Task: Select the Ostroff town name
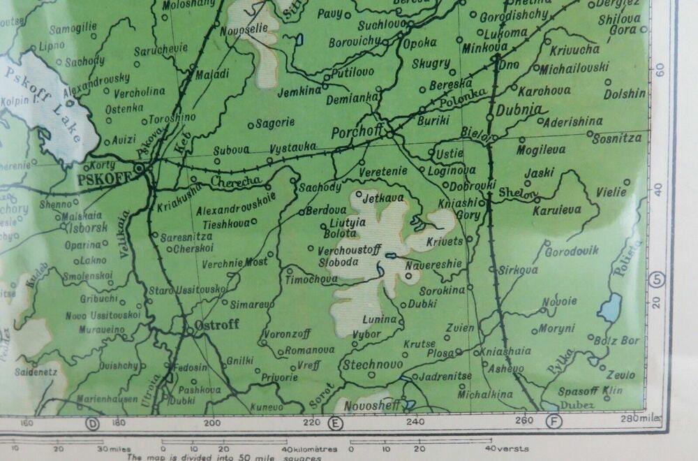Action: point(217,325)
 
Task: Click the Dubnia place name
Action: point(518,110)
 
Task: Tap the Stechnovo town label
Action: point(371,364)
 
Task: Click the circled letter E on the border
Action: point(336,422)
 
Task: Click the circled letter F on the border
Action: point(555,421)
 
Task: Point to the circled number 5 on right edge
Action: point(657,280)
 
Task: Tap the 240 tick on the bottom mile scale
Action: point(415,422)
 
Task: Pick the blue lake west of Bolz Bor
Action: point(609,307)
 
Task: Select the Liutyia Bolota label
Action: point(343,228)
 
